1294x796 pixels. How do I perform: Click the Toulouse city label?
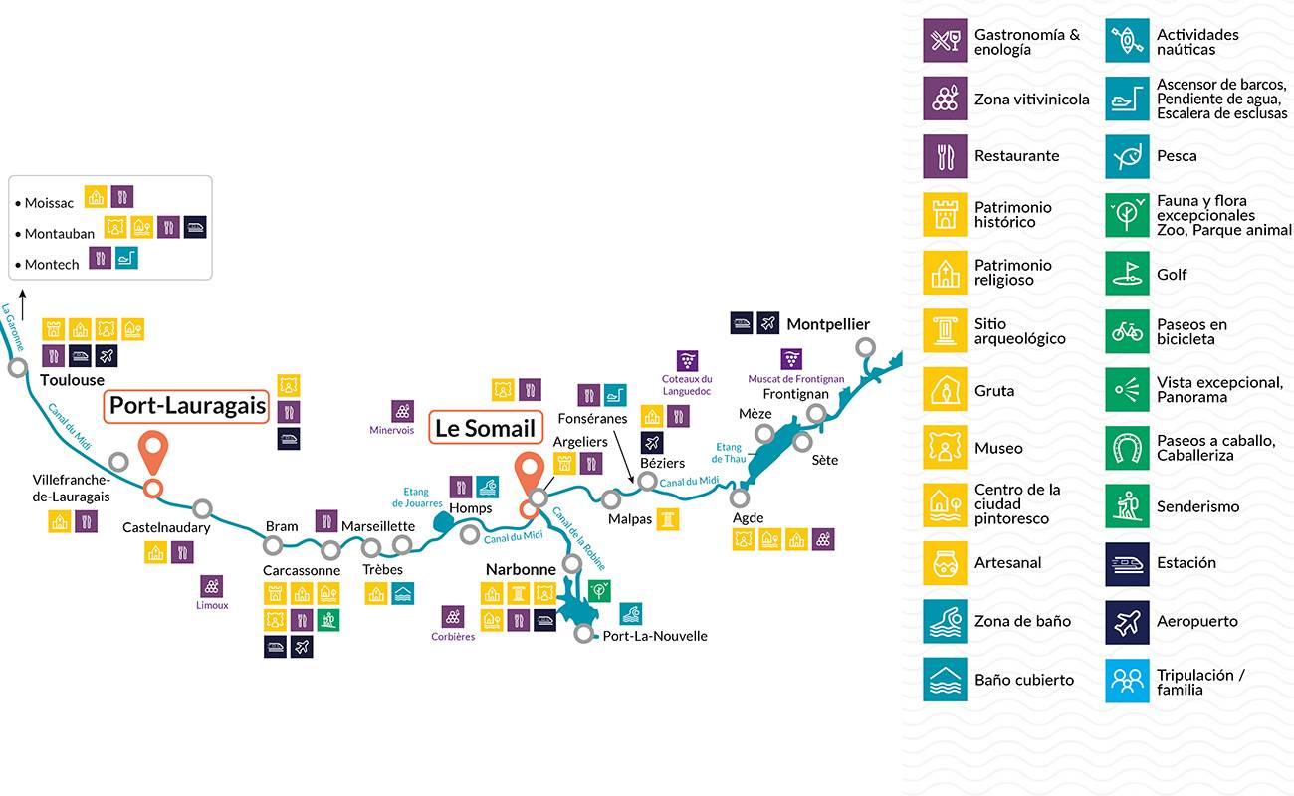coord(73,380)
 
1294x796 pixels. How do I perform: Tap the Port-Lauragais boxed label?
coord(186,407)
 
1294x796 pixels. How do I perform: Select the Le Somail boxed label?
coord(486,428)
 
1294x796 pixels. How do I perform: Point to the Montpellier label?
coord(828,324)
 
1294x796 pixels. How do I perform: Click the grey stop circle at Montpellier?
coord(865,347)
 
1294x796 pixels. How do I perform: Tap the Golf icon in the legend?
coord(1127,274)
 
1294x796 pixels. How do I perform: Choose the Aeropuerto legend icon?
coord(1127,622)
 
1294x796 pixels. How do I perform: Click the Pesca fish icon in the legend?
coord(1127,156)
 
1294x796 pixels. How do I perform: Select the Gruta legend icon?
coord(945,389)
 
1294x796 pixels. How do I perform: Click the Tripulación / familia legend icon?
coord(1127,681)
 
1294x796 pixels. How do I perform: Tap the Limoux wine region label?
coord(212,605)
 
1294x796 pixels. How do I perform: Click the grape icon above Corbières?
coord(453,617)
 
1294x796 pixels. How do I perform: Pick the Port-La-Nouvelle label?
coord(655,636)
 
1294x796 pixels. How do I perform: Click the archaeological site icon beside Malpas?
coord(668,519)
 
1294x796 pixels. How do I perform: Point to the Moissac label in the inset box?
coord(49,203)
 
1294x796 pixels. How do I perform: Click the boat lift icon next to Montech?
coord(126,258)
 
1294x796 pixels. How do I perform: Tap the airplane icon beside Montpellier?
coord(767,323)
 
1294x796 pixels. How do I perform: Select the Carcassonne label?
coord(302,571)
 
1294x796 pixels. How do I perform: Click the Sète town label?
coord(824,460)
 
